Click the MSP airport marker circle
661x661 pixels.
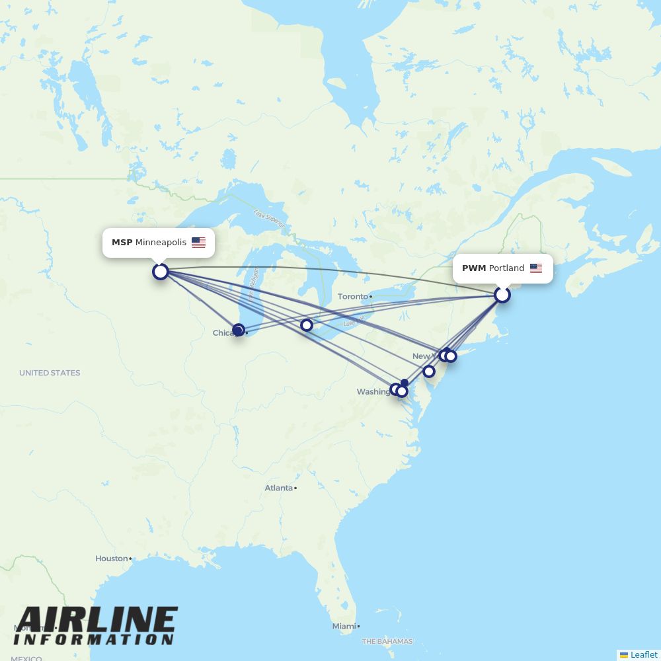[x=161, y=271]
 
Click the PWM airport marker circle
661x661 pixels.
[x=502, y=295]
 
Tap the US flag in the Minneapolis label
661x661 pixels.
[x=198, y=243]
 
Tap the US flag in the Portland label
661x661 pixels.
[x=536, y=268]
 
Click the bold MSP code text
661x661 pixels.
[x=122, y=243]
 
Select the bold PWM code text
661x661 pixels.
[x=474, y=268]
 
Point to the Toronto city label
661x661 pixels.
[x=353, y=297]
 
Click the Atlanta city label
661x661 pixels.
[x=278, y=488]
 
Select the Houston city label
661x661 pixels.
[x=111, y=559]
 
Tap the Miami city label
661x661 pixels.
[x=343, y=626]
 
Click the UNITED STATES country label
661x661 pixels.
[x=50, y=373]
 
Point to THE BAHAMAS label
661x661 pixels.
[x=387, y=641]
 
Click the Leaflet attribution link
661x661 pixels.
[x=643, y=654]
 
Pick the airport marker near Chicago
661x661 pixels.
[x=238, y=329]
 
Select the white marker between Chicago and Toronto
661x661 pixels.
[x=306, y=325]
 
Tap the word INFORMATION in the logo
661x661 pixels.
[x=93, y=640]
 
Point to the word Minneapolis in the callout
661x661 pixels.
[x=161, y=243]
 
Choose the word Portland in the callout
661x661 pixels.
[x=506, y=268]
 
